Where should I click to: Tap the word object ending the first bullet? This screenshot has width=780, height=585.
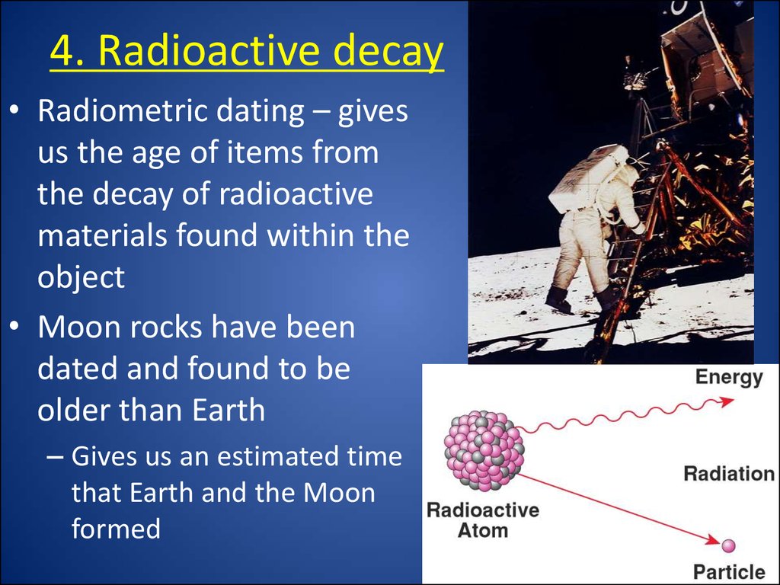[x=81, y=277]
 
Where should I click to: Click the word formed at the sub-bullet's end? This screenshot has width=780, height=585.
[x=116, y=529]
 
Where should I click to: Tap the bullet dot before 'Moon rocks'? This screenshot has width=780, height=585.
[x=14, y=326]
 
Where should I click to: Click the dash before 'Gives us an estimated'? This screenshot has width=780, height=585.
[x=55, y=457]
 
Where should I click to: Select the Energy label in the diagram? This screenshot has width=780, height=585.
[x=729, y=378]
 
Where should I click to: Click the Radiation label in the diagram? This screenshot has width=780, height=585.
[x=729, y=474]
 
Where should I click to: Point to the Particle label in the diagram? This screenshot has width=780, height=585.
[x=729, y=571]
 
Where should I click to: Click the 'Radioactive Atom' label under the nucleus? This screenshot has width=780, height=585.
[x=483, y=519]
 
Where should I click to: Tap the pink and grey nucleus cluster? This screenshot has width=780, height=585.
[x=484, y=451]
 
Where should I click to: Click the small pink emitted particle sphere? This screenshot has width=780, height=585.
[x=728, y=545]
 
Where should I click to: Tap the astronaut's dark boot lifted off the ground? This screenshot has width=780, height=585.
[x=559, y=299]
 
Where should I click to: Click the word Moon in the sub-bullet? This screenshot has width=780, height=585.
[x=339, y=493]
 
